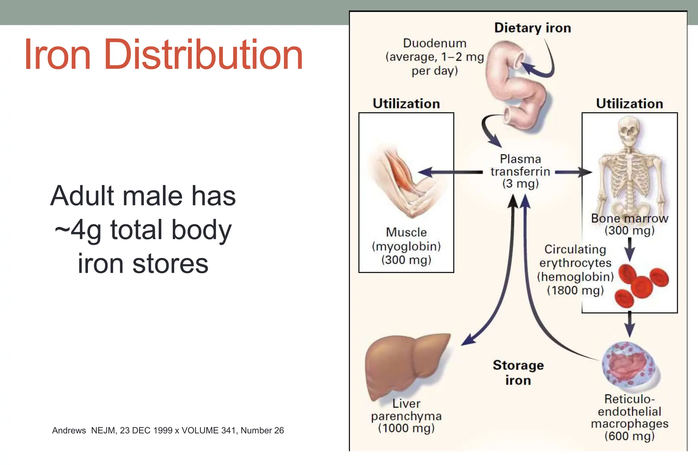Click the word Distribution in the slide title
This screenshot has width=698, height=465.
click(x=203, y=55)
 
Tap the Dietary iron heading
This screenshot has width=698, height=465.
click(x=532, y=28)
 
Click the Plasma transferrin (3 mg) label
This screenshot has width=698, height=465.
click(x=520, y=171)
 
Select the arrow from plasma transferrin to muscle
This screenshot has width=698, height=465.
click(x=450, y=172)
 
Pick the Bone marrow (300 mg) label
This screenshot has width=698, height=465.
click(x=629, y=224)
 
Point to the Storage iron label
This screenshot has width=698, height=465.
click(x=518, y=372)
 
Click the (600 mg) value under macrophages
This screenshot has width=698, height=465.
click(x=629, y=436)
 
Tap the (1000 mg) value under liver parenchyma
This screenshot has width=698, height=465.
click(x=406, y=428)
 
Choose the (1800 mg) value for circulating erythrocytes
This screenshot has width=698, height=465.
click(x=575, y=290)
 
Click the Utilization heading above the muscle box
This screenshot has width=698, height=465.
click(x=406, y=104)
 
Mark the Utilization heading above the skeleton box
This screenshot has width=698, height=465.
click(x=629, y=104)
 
